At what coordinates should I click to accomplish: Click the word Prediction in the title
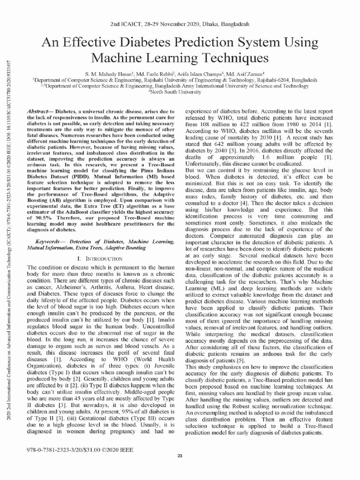pos(187,43)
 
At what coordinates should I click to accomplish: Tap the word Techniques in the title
pos(227,59)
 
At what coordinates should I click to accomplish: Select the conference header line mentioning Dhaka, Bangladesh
pos(180,23)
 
